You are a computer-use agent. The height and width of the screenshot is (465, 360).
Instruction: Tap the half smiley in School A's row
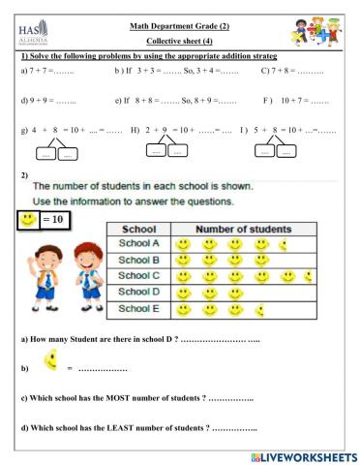tap(282, 245)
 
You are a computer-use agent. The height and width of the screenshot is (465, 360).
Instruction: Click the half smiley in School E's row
tap(257, 309)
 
